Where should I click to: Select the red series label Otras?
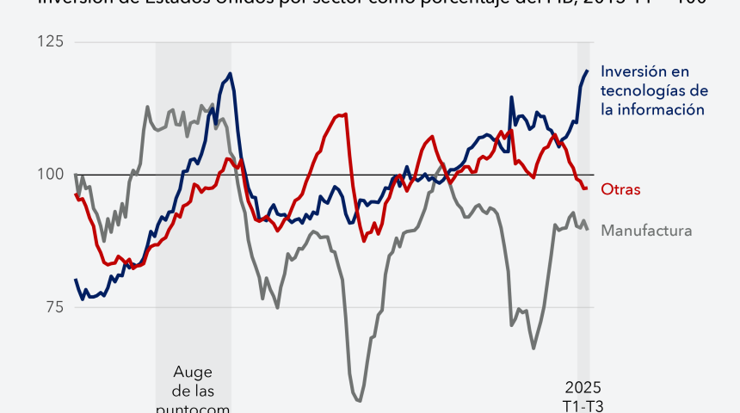620,189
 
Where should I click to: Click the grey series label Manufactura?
646,231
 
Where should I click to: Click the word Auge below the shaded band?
193,373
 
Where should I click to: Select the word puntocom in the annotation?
193,409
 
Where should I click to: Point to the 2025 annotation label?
583,385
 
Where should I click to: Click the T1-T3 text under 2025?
583,404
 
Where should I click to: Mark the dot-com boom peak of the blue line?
230,73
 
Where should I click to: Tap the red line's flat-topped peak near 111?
342,114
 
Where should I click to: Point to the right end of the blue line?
588,71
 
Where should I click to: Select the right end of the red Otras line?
587,188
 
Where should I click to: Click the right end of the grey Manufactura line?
588,229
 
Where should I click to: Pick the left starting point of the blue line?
76,279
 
